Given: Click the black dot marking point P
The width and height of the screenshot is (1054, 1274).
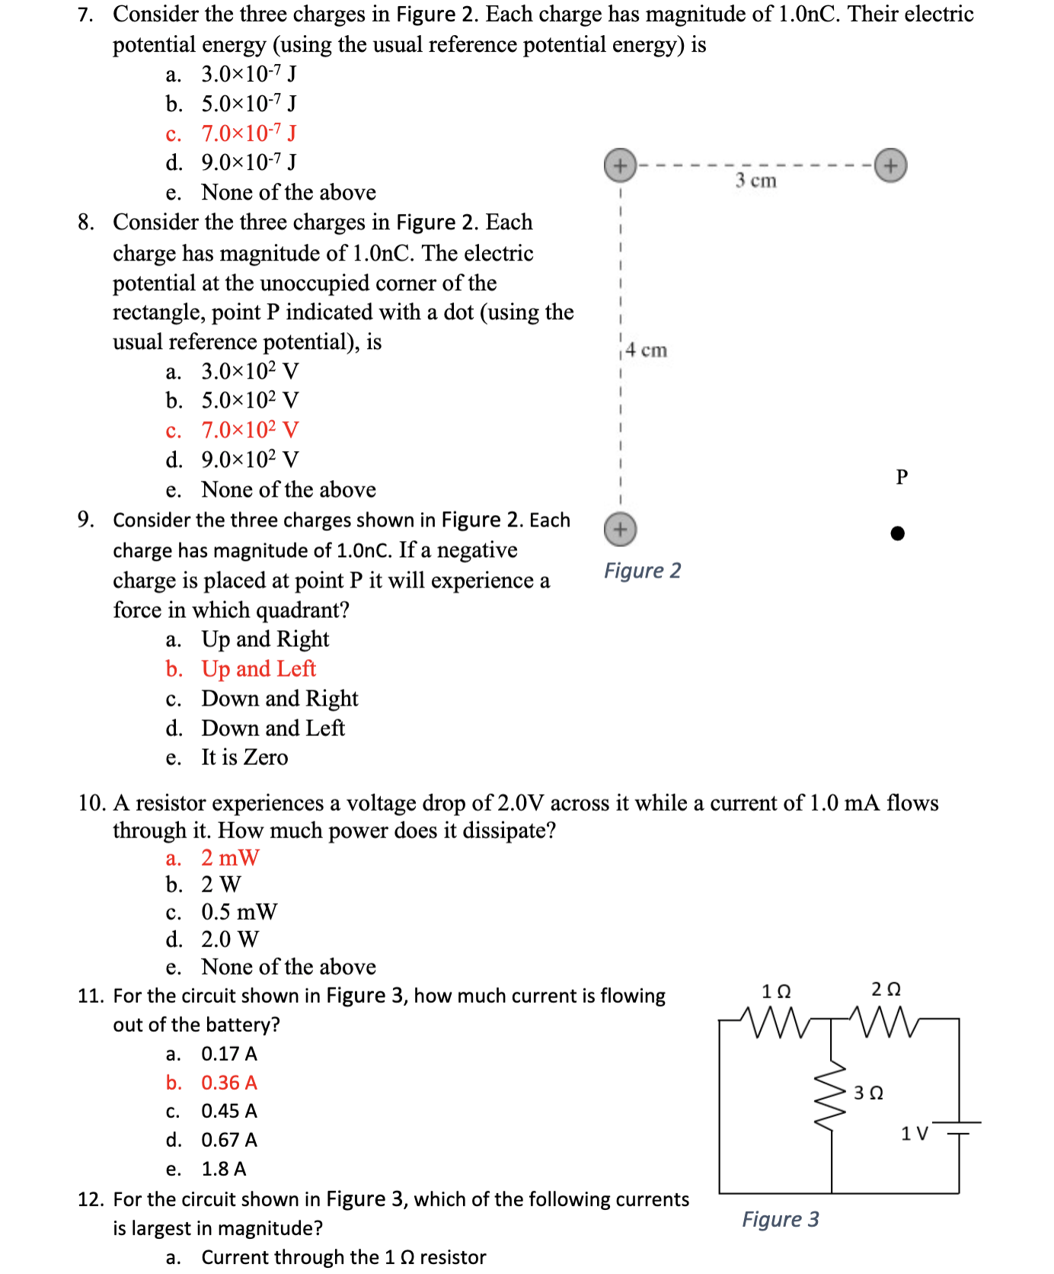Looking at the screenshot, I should tap(898, 533).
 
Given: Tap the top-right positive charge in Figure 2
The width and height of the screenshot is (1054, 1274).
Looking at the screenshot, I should tap(890, 165).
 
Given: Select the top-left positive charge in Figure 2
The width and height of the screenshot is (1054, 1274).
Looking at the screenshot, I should tap(620, 165).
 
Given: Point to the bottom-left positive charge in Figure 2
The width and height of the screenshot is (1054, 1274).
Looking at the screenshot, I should tap(620, 530).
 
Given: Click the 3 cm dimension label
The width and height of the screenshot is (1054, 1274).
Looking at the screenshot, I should tap(755, 181).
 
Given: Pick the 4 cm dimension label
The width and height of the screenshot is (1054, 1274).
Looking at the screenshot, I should tap(646, 351).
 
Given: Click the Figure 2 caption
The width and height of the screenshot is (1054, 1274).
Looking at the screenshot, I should tap(642, 571).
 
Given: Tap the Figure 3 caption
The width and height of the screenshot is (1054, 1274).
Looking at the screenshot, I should tap(781, 1220).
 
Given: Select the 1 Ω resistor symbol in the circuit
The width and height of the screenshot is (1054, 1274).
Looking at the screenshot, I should tap(777, 1022).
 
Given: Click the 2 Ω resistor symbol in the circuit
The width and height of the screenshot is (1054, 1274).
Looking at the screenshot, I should tap(885, 1022).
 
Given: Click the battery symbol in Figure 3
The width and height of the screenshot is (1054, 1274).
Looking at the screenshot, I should tap(959, 1128).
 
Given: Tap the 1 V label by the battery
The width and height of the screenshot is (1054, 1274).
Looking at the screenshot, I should tap(914, 1134).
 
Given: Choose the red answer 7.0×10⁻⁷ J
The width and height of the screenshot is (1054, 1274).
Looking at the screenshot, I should tap(248, 133).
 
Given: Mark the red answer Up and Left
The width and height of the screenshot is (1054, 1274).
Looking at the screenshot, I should tap(258, 669).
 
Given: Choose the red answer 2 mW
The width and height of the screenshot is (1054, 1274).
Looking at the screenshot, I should tap(230, 858).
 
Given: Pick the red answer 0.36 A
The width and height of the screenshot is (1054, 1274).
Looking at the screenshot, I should tap(228, 1083).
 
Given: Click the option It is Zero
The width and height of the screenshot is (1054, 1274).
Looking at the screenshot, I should tap(244, 757).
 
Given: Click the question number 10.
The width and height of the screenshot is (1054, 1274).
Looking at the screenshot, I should tap(91, 803).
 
